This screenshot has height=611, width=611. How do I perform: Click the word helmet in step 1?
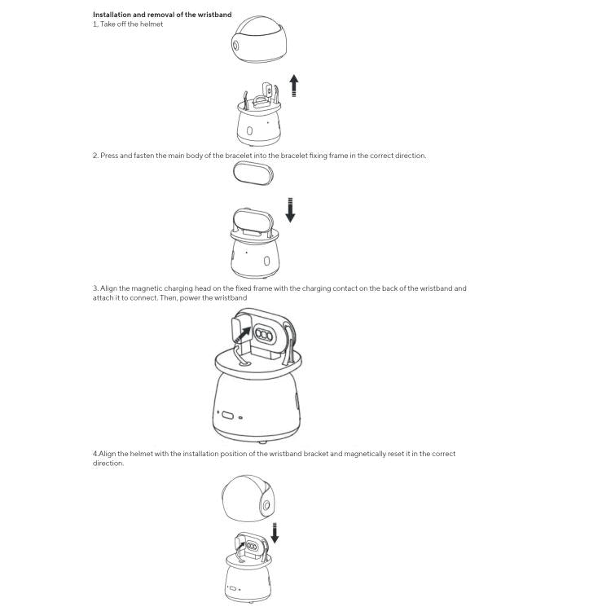152,24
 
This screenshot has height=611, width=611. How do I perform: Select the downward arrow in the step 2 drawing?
290,209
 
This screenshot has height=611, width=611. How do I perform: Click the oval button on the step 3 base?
227,415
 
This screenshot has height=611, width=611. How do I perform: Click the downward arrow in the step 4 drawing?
275,534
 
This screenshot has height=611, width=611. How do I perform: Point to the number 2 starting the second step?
95,156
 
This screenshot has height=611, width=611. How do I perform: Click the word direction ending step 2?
410,156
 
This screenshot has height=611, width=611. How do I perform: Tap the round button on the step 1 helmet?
237,45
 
